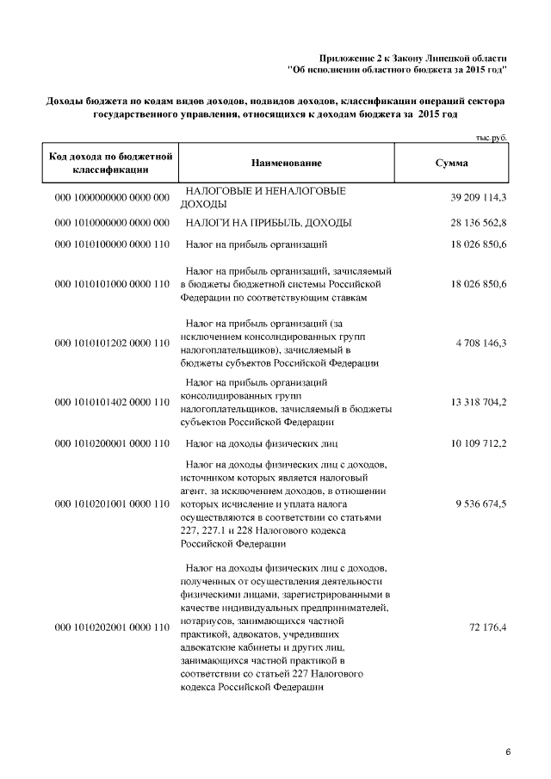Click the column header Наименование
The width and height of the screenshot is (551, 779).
pos(287,163)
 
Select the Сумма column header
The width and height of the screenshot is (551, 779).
pos(452,163)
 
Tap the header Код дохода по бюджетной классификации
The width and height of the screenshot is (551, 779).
pos(111,163)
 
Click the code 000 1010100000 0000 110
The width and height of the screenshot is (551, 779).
pos(111,246)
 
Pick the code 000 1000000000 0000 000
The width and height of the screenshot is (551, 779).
pos(111,198)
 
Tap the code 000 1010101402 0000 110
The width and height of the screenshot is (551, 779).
pos(111,402)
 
